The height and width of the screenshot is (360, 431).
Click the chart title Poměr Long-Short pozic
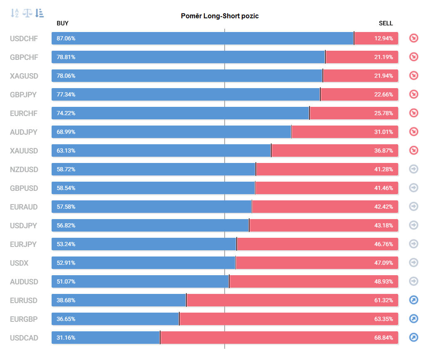[220, 16]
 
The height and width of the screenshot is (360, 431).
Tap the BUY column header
[62, 23]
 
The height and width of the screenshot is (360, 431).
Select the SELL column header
[386, 23]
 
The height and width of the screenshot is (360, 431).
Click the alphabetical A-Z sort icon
[15, 13]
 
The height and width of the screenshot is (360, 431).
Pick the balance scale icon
[27, 13]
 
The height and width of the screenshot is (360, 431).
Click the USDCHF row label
[24, 38]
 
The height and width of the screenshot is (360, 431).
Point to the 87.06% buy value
[66, 38]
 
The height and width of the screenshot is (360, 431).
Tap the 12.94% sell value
[384, 38]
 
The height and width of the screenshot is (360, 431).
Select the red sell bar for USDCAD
[279, 338]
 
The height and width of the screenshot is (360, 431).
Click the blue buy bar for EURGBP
[115, 319]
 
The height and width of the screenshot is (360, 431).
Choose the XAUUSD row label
[24, 151]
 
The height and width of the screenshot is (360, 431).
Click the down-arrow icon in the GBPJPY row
[414, 94]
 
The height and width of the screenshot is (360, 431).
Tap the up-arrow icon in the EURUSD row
[414, 300]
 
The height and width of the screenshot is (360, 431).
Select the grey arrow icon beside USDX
[414, 262]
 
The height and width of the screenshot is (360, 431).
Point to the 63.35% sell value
[384, 319]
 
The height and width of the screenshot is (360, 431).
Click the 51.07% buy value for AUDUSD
[66, 282]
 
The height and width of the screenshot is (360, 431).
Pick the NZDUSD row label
[24, 170]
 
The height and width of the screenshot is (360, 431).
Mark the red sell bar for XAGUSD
[361, 76]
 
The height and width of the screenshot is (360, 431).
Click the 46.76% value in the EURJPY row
[384, 244]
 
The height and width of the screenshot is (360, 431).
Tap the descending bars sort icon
[40, 13]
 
